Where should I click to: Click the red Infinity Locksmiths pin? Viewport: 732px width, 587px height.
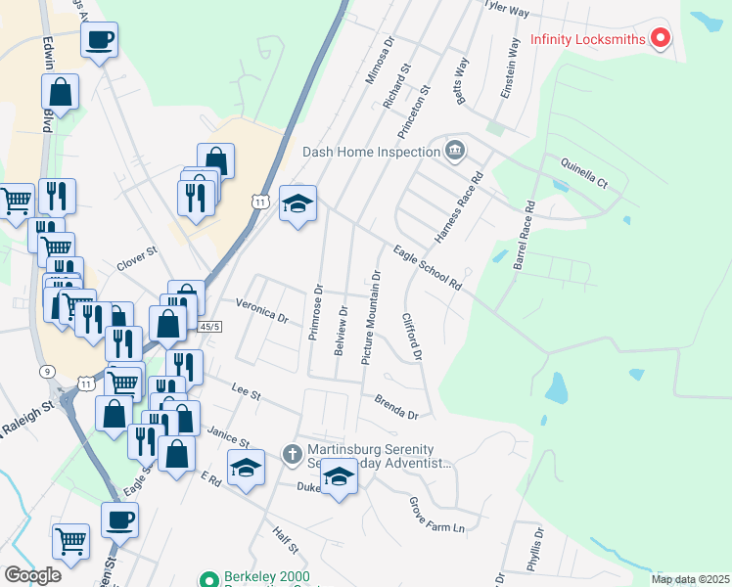click(661, 40)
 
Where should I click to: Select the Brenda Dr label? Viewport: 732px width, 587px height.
click(395, 407)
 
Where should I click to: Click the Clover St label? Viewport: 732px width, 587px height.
click(137, 258)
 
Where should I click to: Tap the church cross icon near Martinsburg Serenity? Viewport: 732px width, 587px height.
click(292, 454)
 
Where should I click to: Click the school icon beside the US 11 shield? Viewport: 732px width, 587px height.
click(298, 203)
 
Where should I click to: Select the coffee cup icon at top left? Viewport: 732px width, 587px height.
click(99, 41)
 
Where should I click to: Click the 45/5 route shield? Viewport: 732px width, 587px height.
click(209, 327)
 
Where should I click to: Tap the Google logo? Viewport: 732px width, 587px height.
click(32, 574)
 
